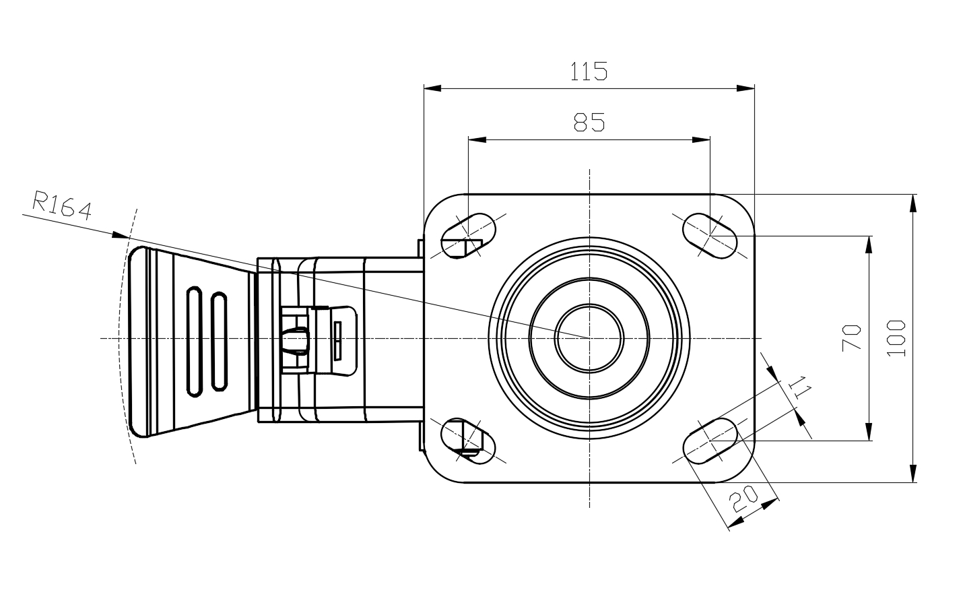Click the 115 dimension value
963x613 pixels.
click(589, 71)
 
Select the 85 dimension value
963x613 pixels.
click(589, 122)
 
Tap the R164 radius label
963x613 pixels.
click(62, 205)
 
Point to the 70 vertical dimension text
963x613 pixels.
click(852, 337)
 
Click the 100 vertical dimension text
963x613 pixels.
click(896, 338)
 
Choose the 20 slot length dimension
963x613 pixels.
click(745, 499)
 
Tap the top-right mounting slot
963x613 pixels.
click(710, 236)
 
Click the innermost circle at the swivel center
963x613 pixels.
click(589, 338)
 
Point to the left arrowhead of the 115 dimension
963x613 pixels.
click(432, 88)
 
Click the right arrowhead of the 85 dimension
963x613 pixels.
click(702, 139)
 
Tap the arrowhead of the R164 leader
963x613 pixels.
click(120, 235)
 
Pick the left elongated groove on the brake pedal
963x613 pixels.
click(194, 342)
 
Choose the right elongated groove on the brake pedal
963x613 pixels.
click(218, 342)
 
